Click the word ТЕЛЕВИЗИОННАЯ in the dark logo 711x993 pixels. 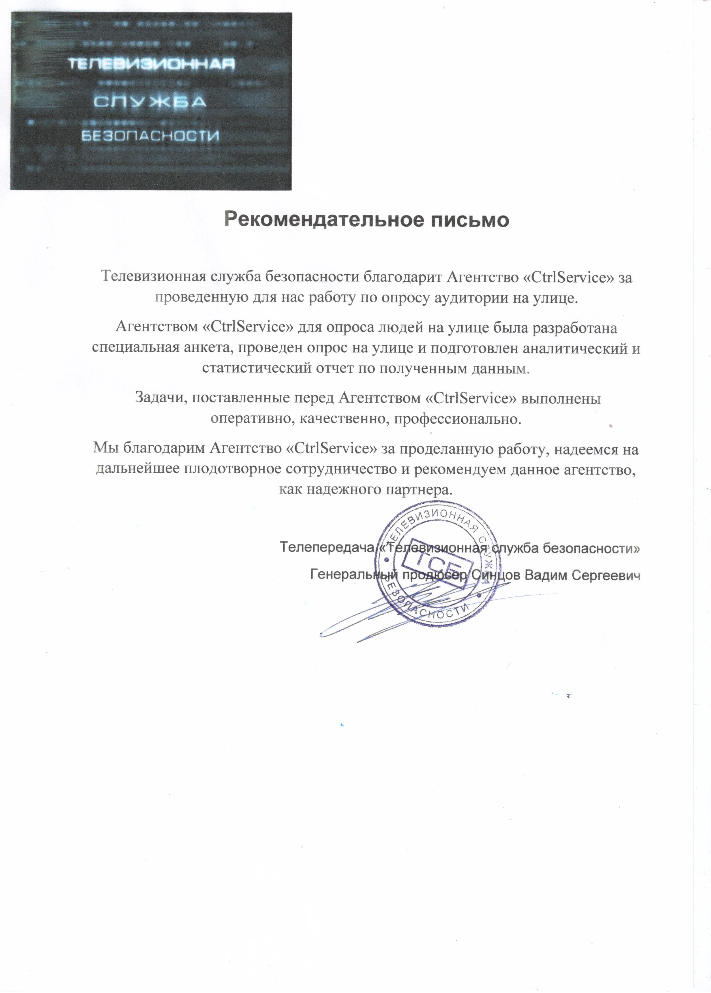[151, 64]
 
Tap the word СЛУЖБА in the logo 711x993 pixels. [150, 102]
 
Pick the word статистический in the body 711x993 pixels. [257, 368]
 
